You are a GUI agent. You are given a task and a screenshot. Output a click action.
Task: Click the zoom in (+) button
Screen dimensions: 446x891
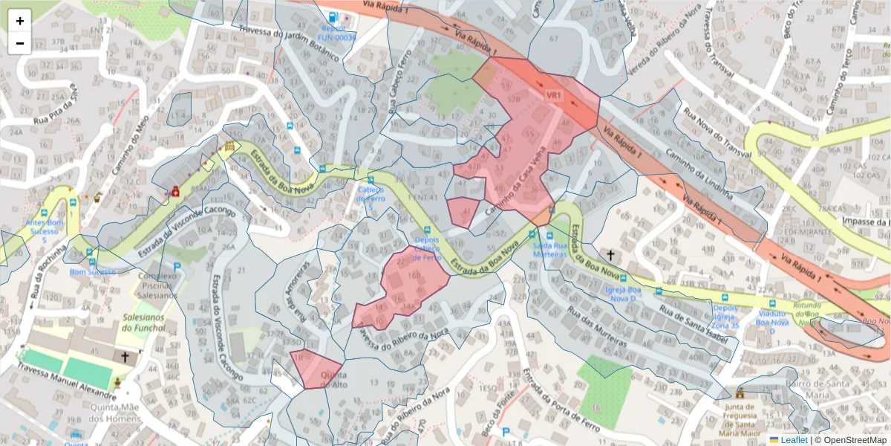point(20,21)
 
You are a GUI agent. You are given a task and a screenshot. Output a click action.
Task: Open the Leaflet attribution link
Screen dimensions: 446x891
point(788,439)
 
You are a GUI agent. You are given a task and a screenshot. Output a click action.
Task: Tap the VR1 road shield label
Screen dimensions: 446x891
point(554,96)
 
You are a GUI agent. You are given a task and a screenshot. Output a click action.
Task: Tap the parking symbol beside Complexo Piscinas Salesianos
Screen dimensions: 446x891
point(177,266)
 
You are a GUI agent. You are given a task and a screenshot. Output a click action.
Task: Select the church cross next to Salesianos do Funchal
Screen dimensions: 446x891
point(125,358)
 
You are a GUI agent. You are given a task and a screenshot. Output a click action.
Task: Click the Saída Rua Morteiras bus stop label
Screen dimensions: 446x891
point(550,249)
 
